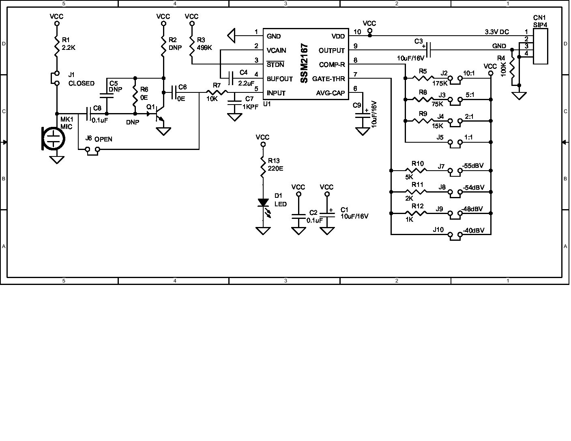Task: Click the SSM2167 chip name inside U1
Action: pos(305,64)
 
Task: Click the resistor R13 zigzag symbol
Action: pos(263,168)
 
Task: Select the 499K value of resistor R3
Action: pos(204,47)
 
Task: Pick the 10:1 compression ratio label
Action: pos(469,73)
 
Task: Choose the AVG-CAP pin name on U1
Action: pos(331,93)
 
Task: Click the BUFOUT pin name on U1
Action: pos(279,79)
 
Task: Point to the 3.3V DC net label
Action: pos(497,32)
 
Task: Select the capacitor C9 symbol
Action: pos(362,116)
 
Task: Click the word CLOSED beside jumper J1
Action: pos(81,83)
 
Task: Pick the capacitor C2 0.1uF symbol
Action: pos(299,216)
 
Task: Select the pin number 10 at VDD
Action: pos(357,32)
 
